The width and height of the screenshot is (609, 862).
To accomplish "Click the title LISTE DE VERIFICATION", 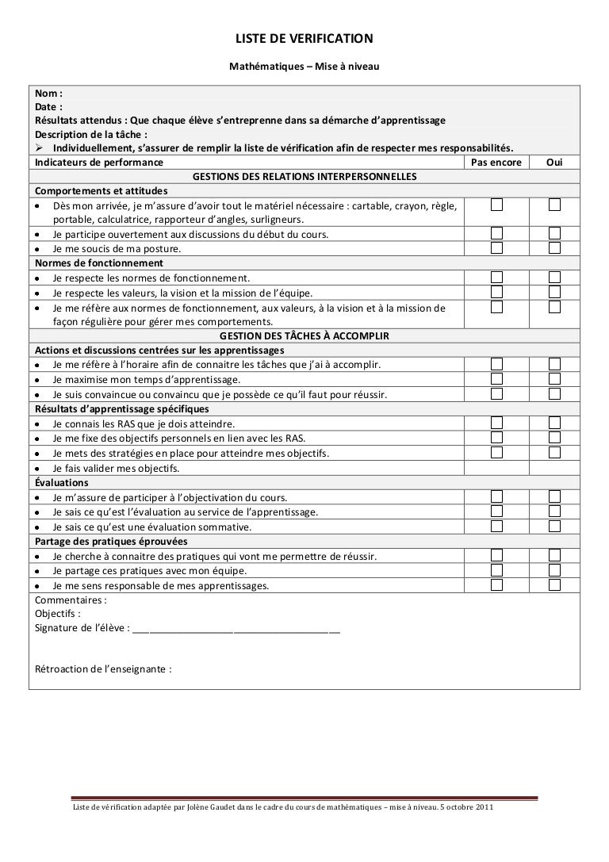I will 305,38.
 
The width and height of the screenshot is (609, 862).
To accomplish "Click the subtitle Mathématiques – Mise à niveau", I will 305,69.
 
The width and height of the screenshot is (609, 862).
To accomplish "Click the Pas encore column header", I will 496,162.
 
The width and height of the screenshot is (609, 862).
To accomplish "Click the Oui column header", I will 554,162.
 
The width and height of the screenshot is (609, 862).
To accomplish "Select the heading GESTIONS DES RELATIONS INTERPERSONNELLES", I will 305,175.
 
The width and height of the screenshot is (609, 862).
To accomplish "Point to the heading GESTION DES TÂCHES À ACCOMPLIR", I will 305,336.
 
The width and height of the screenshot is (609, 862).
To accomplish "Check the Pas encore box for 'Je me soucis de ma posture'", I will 496,247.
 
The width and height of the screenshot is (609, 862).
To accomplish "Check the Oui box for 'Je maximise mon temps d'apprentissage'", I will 554,379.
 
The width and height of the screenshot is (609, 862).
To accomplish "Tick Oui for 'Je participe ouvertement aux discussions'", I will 554,233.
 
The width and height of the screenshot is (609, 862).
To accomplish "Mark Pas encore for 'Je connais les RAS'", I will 496,423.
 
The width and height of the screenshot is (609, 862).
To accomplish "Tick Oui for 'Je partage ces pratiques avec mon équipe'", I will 554,571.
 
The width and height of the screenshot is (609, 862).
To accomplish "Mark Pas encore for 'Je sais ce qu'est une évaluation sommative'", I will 496,527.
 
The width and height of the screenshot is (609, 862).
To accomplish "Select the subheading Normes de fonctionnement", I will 99,262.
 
